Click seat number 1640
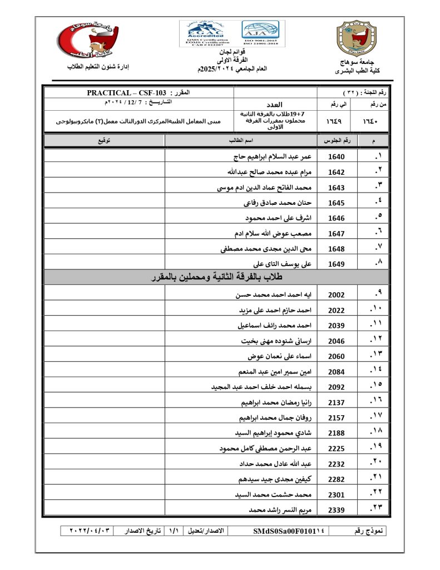point(337,157)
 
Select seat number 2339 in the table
point(337,510)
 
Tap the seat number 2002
point(337,295)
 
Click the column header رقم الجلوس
point(337,141)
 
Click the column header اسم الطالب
point(241,141)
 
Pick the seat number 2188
point(337,433)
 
